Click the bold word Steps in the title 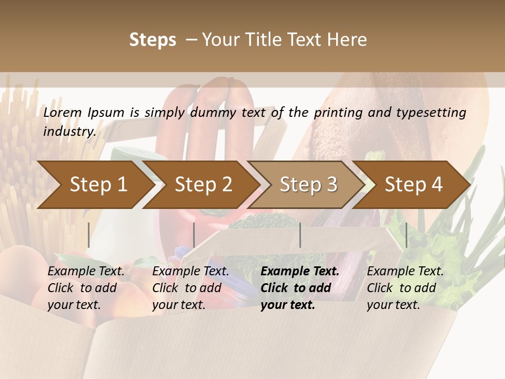pyautogui.click(x=153, y=40)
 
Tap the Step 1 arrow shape pyautogui.click(x=98, y=185)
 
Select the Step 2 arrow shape pyautogui.click(x=204, y=185)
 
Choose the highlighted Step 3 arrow pyautogui.click(x=309, y=185)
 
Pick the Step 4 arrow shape pyautogui.click(x=414, y=185)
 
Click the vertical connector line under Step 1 pyautogui.click(x=89, y=235)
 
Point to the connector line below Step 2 pyautogui.click(x=194, y=235)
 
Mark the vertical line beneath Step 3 pyautogui.click(x=300, y=235)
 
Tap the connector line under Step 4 pyautogui.click(x=406, y=235)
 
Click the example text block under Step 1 pyautogui.click(x=86, y=288)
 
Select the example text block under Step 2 pyautogui.click(x=190, y=288)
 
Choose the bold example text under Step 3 pyautogui.click(x=300, y=288)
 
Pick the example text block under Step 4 pyautogui.click(x=405, y=288)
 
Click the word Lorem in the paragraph pyautogui.click(x=63, y=113)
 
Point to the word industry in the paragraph pyautogui.click(x=69, y=132)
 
